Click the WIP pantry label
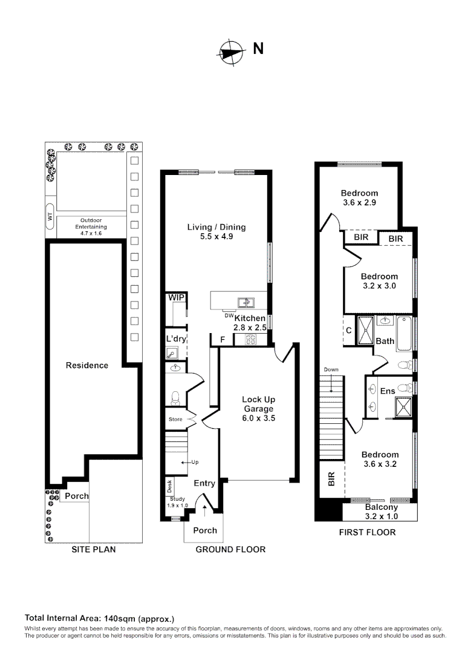click(176, 298)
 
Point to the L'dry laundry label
click(175, 339)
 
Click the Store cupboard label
click(175, 419)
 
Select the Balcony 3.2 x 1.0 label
click(381, 512)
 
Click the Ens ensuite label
click(388, 391)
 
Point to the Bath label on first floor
click(385, 341)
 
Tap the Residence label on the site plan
click(87, 365)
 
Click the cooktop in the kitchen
click(250, 339)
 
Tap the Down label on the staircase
click(331, 369)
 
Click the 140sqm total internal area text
click(99, 618)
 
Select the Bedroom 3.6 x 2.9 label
click(360, 198)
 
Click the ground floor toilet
click(176, 397)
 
